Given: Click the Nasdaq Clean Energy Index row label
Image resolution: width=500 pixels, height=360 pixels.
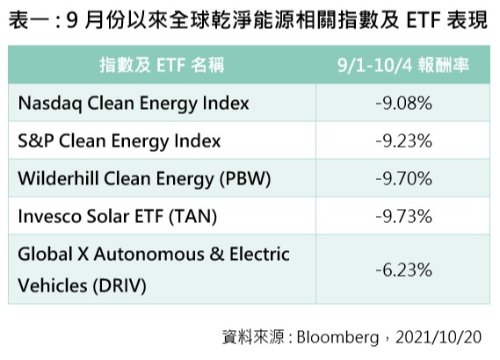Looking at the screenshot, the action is click(134, 104).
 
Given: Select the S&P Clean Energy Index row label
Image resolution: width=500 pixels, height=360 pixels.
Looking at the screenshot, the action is click(120, 141).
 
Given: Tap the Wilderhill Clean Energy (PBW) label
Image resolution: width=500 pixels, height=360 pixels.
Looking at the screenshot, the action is click(144, 179).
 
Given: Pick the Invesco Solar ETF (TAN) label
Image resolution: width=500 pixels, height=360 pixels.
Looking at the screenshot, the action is click(118, 216).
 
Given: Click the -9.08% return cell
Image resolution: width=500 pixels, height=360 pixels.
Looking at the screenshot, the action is click(403, 104).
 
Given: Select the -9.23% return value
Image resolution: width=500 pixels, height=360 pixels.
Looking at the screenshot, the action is click(403, 141).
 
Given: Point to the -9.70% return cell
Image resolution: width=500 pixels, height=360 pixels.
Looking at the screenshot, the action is click(403, 179).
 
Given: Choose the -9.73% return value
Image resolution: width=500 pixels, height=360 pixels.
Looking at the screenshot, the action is click(403, 216).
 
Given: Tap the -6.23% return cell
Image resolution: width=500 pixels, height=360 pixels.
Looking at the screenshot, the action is click(403, 270).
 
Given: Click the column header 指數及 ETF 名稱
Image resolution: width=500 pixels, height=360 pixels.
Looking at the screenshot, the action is click(162, 65).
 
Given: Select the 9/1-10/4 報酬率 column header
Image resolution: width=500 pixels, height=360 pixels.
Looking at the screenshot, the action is click(403, 65).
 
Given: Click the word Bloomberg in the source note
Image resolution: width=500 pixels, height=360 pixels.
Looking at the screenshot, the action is click(337, 337).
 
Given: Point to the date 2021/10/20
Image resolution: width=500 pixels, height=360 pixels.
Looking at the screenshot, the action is click(438, 337).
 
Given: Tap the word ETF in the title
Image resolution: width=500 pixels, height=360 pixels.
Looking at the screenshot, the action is click(424, 19).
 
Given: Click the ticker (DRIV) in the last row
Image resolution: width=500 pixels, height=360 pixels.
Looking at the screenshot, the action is click(120, 285).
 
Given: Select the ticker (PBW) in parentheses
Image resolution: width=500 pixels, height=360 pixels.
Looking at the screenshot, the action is click(245, 179).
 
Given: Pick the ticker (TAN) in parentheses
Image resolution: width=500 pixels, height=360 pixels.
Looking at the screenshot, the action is click(193, 216).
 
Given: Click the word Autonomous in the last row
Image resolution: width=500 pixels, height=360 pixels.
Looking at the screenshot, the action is click(149, 255).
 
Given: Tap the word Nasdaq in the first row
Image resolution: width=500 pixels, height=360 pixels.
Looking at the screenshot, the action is click(50, 104).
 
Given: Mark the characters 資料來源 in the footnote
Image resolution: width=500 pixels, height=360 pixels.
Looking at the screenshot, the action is click(253, 337).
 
